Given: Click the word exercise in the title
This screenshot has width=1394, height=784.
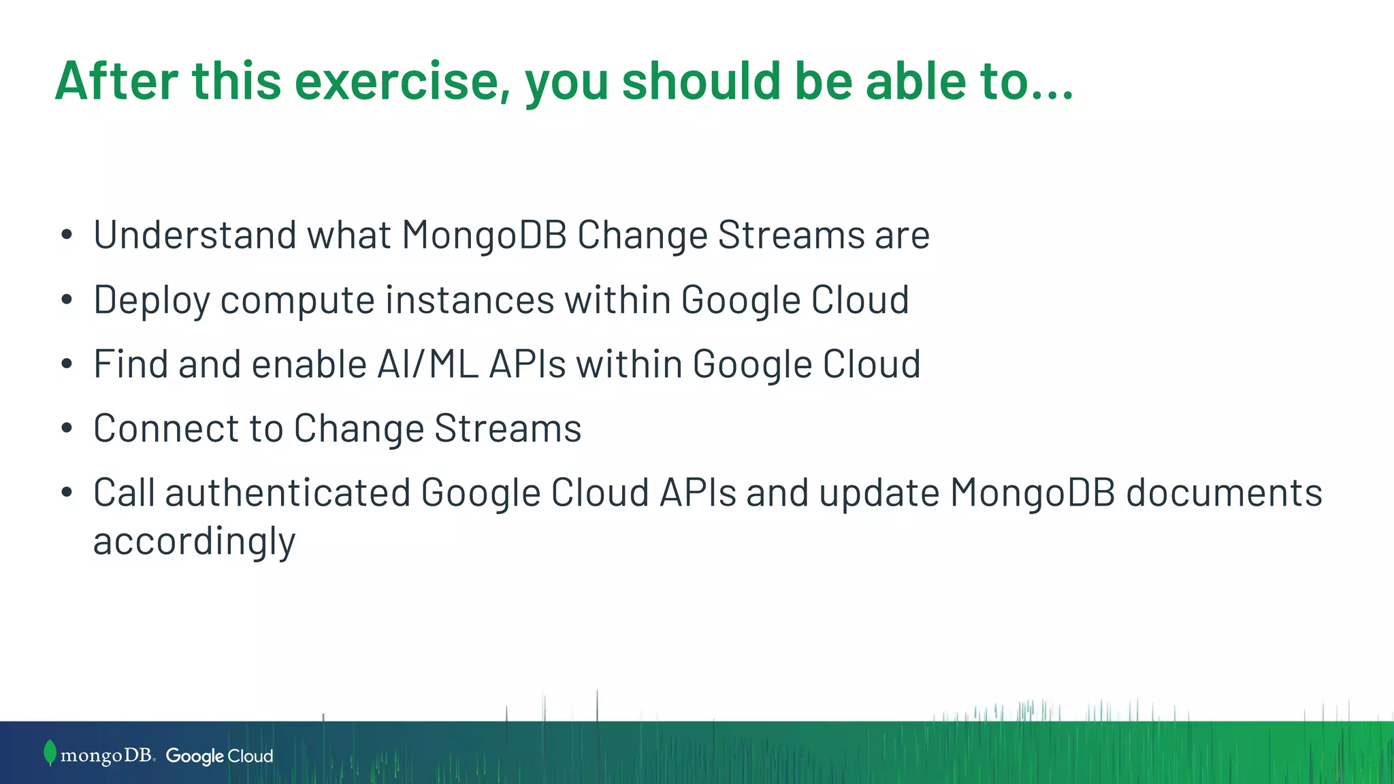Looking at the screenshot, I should point(402,81).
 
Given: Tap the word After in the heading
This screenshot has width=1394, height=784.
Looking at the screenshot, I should point(116,81).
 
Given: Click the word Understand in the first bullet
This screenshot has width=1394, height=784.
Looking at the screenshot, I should point(195,235).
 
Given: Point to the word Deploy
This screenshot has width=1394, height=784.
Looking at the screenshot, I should point(151,300).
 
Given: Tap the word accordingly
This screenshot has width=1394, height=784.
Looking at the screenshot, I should point(194,542).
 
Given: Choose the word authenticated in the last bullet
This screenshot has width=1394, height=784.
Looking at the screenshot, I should point(287,493).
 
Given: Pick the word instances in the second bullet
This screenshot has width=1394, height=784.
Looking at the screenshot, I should point(470,300).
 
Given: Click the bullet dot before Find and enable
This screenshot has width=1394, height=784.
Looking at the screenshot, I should point(66,365).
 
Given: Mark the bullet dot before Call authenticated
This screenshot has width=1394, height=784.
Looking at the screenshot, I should point(66,493).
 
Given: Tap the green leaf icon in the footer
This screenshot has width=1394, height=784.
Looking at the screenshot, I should point(50,753).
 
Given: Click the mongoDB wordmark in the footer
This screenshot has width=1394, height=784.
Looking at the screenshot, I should point(107,755).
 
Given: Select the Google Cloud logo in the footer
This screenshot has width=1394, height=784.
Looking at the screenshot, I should point(219,756).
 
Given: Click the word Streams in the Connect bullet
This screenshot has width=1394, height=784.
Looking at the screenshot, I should point(508,429).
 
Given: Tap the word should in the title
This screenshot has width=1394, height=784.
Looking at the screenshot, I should point(701,81).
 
